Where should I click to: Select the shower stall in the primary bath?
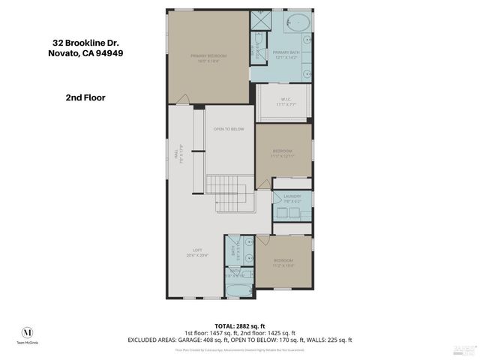click(x=259, y=23)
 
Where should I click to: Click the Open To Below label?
click(x=229, y=129)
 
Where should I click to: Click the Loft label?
click(x=196, y=253)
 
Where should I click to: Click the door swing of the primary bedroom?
click(x=181, y=99)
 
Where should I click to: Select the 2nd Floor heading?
click(x=85, y=97)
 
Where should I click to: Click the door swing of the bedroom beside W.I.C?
click(x=264, y=183)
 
